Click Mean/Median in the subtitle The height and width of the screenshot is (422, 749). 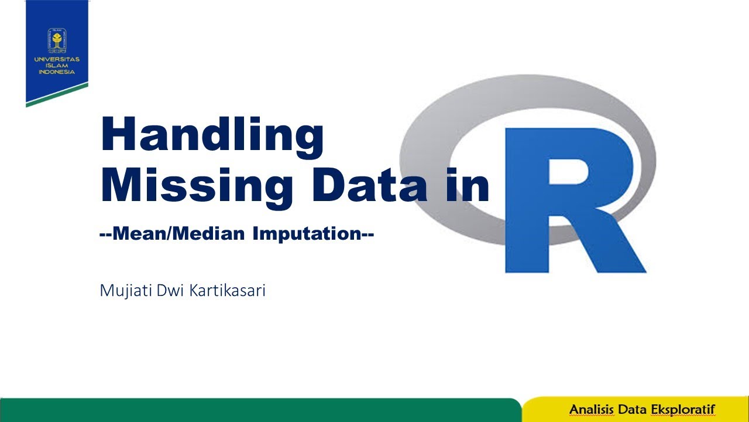[x=177, y=234]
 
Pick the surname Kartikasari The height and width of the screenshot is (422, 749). [x=227, y=291]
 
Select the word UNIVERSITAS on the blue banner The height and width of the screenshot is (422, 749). [x=57, y=59]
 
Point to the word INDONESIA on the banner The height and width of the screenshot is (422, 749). [x=57, y=72]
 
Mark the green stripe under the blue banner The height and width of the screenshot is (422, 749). [x=57, y=95]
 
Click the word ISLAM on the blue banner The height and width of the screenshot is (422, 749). [x=57, y=66]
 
